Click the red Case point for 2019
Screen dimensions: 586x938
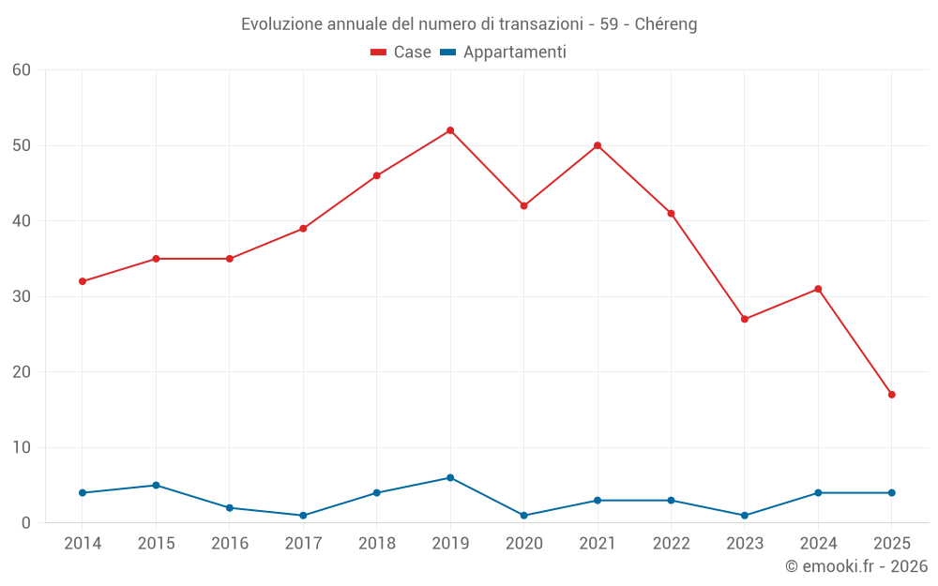point(450,130)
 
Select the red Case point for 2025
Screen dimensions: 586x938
point(891,395)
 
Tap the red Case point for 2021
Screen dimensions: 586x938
point(598,145)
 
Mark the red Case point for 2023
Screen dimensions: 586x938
point(745,319)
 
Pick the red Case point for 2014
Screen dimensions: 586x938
point(83,281)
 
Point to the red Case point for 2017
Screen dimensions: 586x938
point(303,229)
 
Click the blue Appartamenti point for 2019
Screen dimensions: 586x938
point(450,477)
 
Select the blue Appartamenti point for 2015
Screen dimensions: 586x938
point(156,485)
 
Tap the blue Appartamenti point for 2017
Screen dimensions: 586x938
point(303,516)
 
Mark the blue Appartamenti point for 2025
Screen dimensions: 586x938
point(891,492)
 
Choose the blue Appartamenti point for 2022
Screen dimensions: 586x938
point(671,500)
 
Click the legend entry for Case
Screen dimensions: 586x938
point(401,53)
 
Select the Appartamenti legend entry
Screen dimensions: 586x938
point(503,53)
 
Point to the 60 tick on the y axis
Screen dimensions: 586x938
point(22,70)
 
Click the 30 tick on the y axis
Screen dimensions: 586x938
point(22,296)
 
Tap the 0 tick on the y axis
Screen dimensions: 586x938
point(26,523)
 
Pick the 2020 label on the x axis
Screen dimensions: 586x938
point(523,544)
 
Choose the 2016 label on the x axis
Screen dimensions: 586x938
point(230,544)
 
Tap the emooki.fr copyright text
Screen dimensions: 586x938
point(856,566)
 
